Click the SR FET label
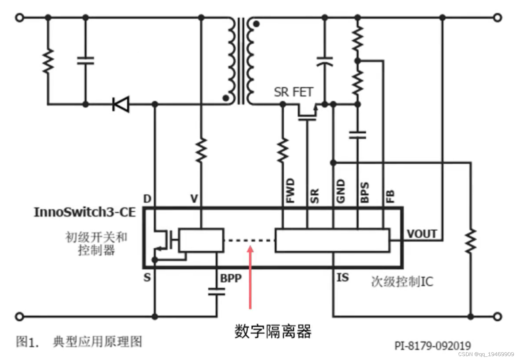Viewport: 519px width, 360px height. click(294, 92)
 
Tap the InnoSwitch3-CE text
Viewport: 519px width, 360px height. click(85, 212)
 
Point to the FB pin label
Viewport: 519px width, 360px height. click(390, 196)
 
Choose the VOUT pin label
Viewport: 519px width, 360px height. click(422, 234)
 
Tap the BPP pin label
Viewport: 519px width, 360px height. click(231, 278)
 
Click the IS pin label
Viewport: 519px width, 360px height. click(343, 278)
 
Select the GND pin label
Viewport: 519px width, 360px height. click(341, 191)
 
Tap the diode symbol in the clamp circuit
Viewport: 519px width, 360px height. click(121, 104)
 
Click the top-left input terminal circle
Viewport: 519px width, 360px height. click(20, 17)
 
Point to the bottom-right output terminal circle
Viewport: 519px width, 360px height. click(498, 317)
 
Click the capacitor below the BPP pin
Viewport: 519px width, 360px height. click(217, 291)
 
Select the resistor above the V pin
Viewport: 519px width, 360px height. click(201, 150)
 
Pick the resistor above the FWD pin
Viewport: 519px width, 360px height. click(283, 150)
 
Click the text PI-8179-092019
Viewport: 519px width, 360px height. click(433, 346)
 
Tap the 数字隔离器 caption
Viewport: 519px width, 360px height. click(273, 331)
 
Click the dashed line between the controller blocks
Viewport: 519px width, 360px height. click(250, 241)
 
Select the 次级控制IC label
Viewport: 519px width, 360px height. click(402, 282)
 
